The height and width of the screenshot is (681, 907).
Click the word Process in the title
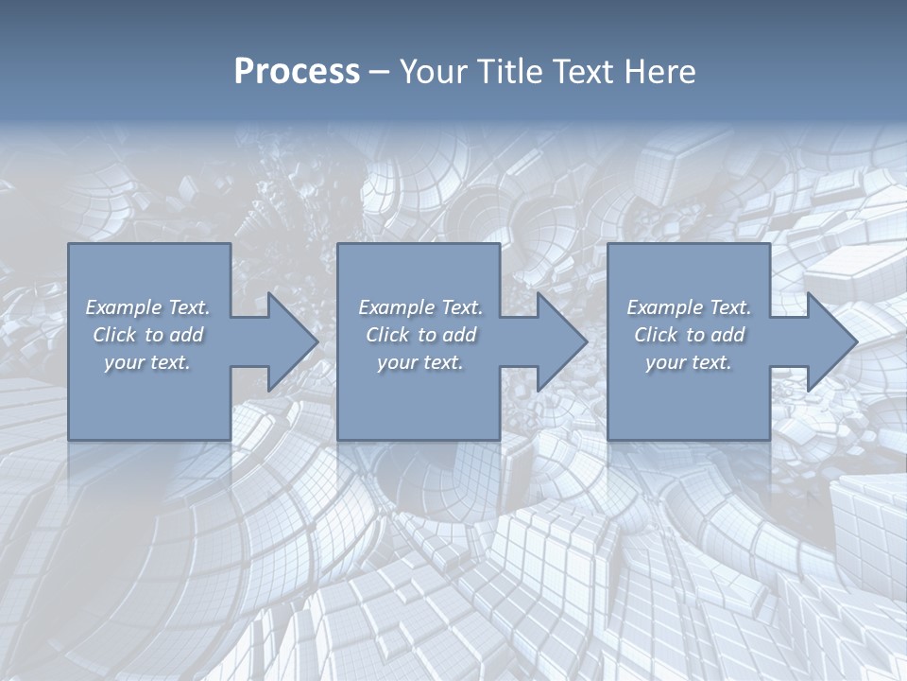(297, 72)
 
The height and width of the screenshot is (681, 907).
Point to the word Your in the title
(430, 72)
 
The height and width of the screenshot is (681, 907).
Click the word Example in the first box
(123, 307)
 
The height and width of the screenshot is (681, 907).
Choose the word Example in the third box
(664, 307)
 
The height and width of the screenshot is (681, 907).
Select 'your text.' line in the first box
(147, 362)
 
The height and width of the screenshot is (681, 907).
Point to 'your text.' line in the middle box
(419, 362)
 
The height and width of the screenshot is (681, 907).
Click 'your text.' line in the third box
(688, 362)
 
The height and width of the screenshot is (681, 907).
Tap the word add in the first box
(187, 335)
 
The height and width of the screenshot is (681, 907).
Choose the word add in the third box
(728, 335)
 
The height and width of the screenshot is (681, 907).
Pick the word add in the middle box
(460, 335)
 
